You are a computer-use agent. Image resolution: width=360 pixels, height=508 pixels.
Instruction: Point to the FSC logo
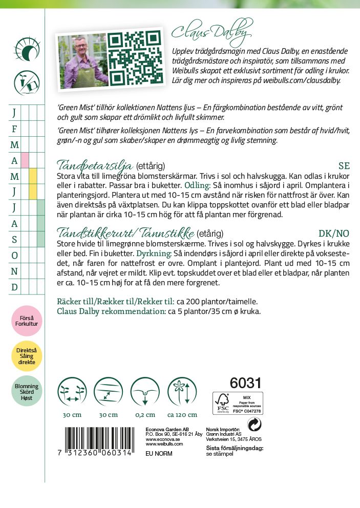click(x=223, y=404)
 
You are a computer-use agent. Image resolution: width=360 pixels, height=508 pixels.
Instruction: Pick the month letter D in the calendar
click(x=14, y=287)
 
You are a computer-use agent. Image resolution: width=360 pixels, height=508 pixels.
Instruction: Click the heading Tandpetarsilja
click(x=94, y=165)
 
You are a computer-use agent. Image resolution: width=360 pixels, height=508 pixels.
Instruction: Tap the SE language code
click(x=344, y=166)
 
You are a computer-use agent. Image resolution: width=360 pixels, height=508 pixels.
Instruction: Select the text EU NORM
click(x=159, y=454)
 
